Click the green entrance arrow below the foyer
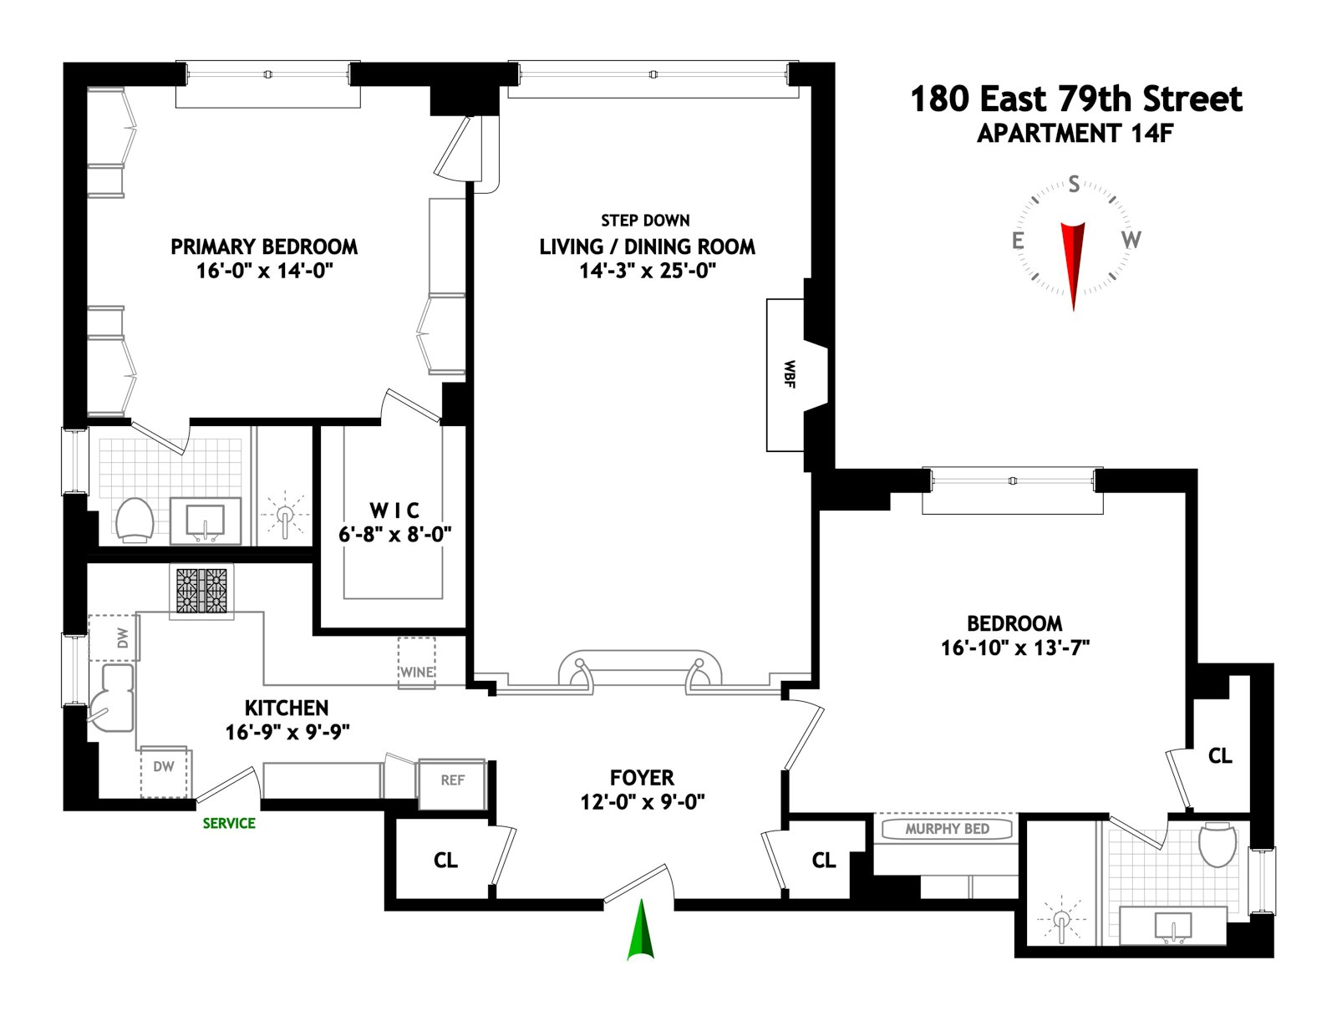[x=641, y=930]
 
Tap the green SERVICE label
[x=229, y=823]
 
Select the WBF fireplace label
[x=789, y=373]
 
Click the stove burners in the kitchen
[x=201, y=591]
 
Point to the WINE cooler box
[x=417, y=663]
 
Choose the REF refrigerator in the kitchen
[x=452, y=785]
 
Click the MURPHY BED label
[x=947, y=829]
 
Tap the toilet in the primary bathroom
[x=135, y=520]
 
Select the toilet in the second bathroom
[x=1217, y=845]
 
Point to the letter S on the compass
[x=1074, y=184]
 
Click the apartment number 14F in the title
[x=1151, y=134]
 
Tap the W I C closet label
[x=394, y=510]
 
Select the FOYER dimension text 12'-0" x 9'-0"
[x=642, y=802]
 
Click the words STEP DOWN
[x=645, y=221]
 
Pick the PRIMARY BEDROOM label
[x=264, y=246]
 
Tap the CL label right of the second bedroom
[x=1220, y=755]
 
